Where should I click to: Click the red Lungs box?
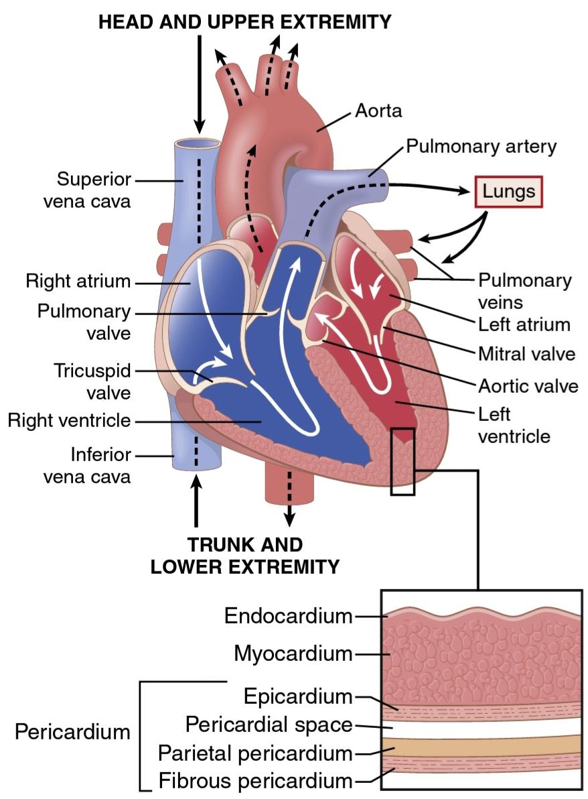[508, 192]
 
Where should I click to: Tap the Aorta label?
[378, 111]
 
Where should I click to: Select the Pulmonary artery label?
[481, 147]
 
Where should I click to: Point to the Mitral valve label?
[526, 354]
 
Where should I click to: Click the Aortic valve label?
[528, 385]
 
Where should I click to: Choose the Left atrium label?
[524, 324]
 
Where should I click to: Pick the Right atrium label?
[78, 281]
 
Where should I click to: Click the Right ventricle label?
[69, 420]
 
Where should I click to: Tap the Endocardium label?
[288, 615]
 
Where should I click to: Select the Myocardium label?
[293, 653]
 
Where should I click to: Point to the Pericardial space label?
[269, 724]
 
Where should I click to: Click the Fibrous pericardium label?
[256, 780]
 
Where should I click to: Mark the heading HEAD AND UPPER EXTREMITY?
[245, 22]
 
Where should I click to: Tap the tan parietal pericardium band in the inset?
[482, 745]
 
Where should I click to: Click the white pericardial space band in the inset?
[482, 726]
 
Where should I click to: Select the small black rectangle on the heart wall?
[402, 462]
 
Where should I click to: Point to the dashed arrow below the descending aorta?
[289, 499]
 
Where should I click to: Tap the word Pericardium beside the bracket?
[72, 732]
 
